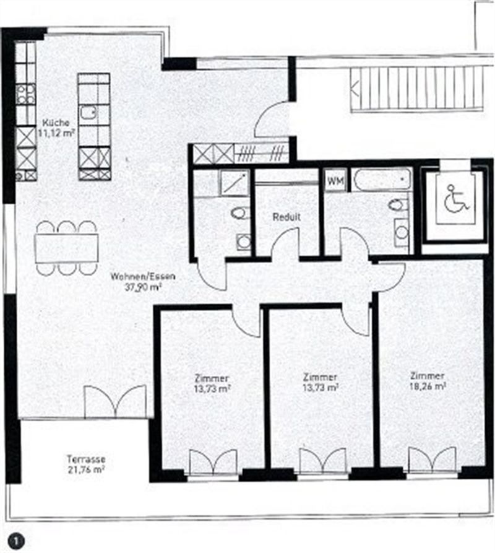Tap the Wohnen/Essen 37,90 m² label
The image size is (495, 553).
tap(143, 281)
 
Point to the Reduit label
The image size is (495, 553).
tap(286, 217)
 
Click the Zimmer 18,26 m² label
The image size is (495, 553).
tap(428, 381)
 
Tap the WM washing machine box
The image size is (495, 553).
tap(335, 181)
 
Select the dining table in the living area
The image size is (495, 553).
tap(67, 248)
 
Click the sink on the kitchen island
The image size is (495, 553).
tap(88, 112)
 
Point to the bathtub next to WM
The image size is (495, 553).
tap(382, 180)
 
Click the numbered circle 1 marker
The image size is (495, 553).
tap(17, 541)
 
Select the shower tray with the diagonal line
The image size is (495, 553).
tap(235, 183)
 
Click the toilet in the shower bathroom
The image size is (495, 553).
tap(241, 212)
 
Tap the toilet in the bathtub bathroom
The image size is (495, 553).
tap(398, 205)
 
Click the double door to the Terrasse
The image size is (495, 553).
tap(115, 402)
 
